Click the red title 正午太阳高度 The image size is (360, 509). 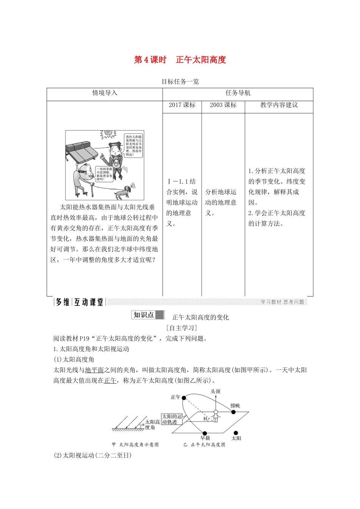click(201, 60)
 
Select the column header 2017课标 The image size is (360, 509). click(182, 105)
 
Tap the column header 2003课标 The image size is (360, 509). click(223, 105)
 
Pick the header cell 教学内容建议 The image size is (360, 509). click(279, 105)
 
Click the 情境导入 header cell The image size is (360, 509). click(105, 93)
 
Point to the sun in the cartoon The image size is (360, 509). click(108, 134)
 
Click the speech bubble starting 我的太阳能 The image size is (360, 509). click(134, 145)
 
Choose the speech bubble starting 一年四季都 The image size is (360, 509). click(104, 174)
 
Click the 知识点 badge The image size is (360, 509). click(148, 315)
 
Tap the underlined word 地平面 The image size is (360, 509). click(94, 370)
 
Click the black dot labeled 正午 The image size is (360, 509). click(184, 398)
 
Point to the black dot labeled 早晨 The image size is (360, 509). click(205, 433)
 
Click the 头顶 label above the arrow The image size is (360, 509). click(215, 391)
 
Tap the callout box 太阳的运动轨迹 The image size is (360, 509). click(172, 419)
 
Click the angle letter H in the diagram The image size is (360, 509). click(205, 418)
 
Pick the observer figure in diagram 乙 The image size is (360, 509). click(216, 416)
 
